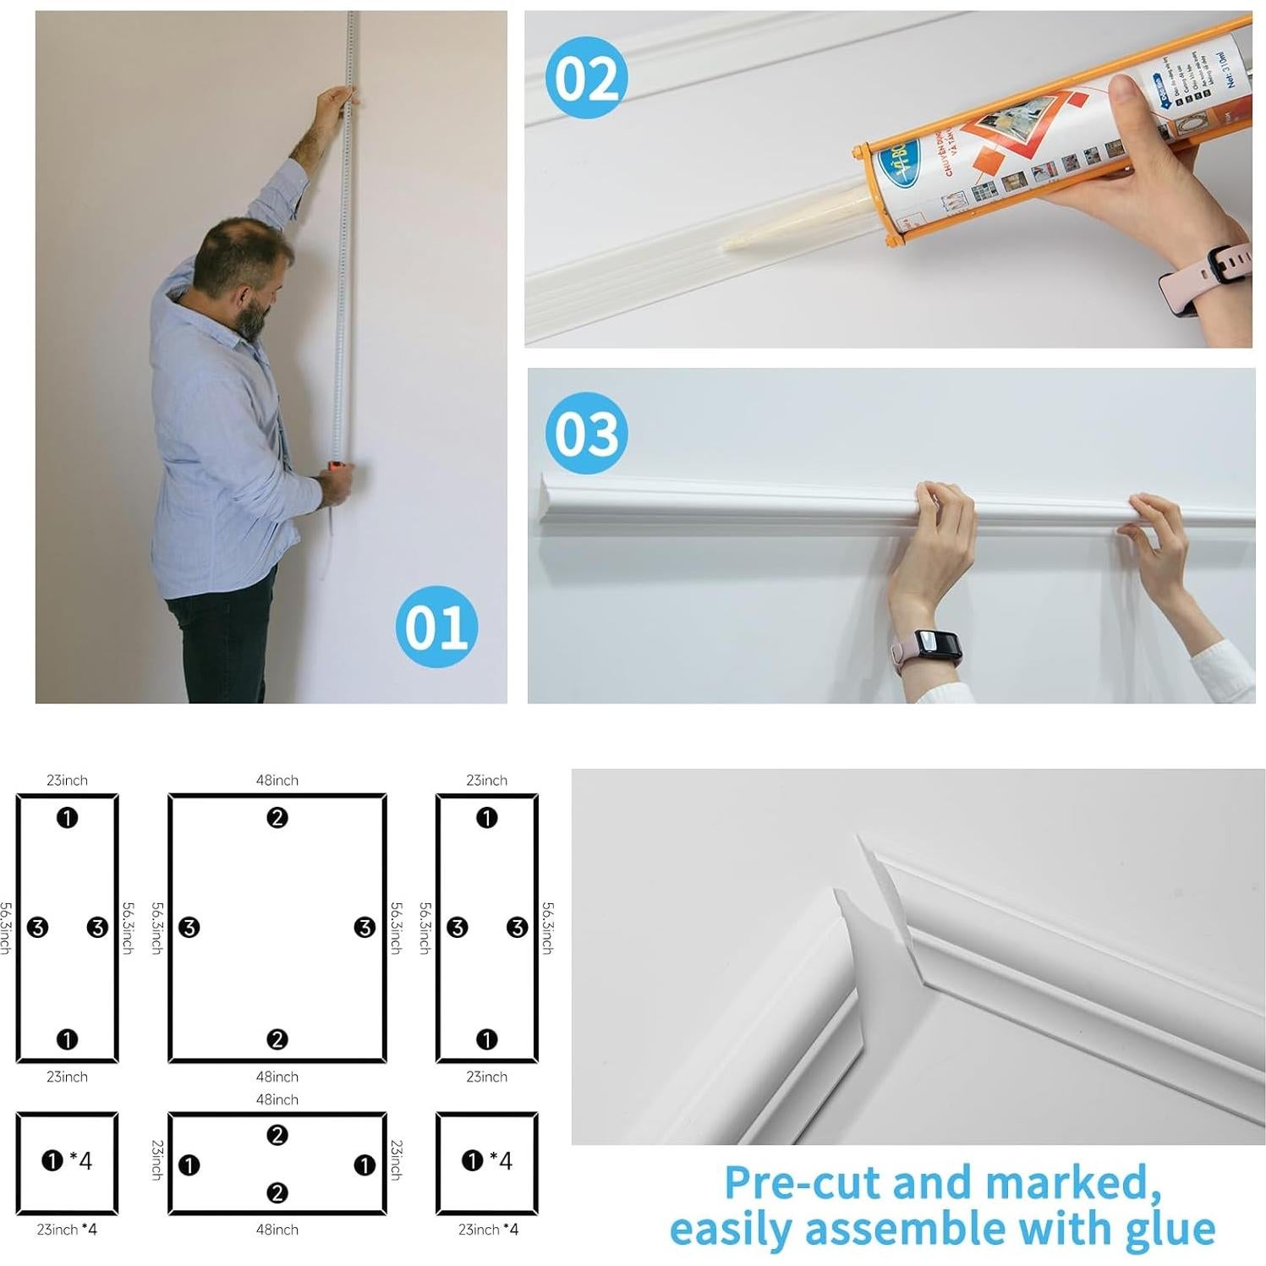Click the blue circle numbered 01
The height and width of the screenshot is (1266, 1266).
coord(436,627)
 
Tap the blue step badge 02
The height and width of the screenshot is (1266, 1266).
coord(586,78)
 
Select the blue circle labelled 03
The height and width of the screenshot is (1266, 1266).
coord(586,433)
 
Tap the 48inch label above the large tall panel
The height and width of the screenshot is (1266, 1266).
coord(277,780)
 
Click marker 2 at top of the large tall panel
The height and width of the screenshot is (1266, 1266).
coord(277,818)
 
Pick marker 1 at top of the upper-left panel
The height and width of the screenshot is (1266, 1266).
coord(67,818)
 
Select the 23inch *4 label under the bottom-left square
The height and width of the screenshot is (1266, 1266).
coord(67,1230)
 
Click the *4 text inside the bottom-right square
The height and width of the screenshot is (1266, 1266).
coord(501,1161)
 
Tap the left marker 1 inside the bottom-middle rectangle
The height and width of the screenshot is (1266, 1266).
coord(189,1165)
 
